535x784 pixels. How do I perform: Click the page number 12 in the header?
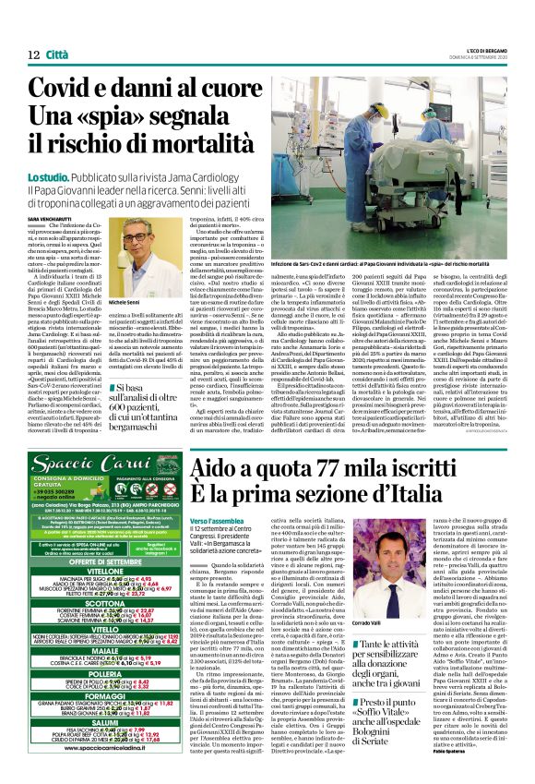(32, 54)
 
